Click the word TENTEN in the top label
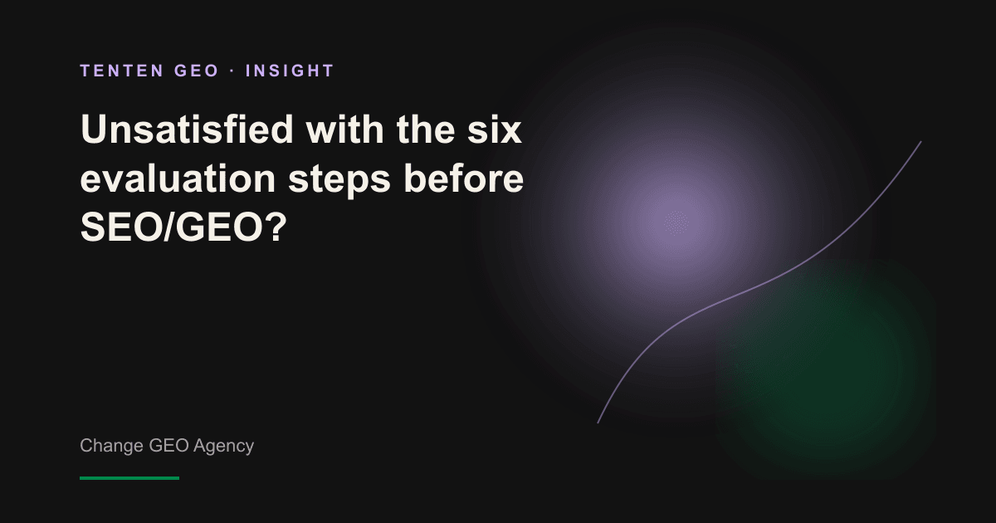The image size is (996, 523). point(122,71)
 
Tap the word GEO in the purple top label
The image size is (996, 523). point(197,71)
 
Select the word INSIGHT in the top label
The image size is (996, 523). point(290,71)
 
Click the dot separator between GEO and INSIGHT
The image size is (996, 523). point(232,71)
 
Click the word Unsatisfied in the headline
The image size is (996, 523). point(188,129)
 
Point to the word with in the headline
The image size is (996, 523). point(344,129)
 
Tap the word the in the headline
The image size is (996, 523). point(426,129)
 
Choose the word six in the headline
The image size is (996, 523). point(494,129)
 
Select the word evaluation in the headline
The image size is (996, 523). point(178,178)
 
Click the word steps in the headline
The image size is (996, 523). point(339,180)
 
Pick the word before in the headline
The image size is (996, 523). point(463,178)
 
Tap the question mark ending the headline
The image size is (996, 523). point(276,227)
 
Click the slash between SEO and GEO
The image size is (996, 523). point(170,227)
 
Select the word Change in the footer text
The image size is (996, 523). point(111,446)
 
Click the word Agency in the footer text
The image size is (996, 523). point(223,446)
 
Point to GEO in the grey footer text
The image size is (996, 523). point(168,445)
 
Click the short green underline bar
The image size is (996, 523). point(129,478)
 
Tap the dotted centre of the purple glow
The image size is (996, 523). point(676,222)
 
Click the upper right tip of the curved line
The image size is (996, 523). point(920,141)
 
